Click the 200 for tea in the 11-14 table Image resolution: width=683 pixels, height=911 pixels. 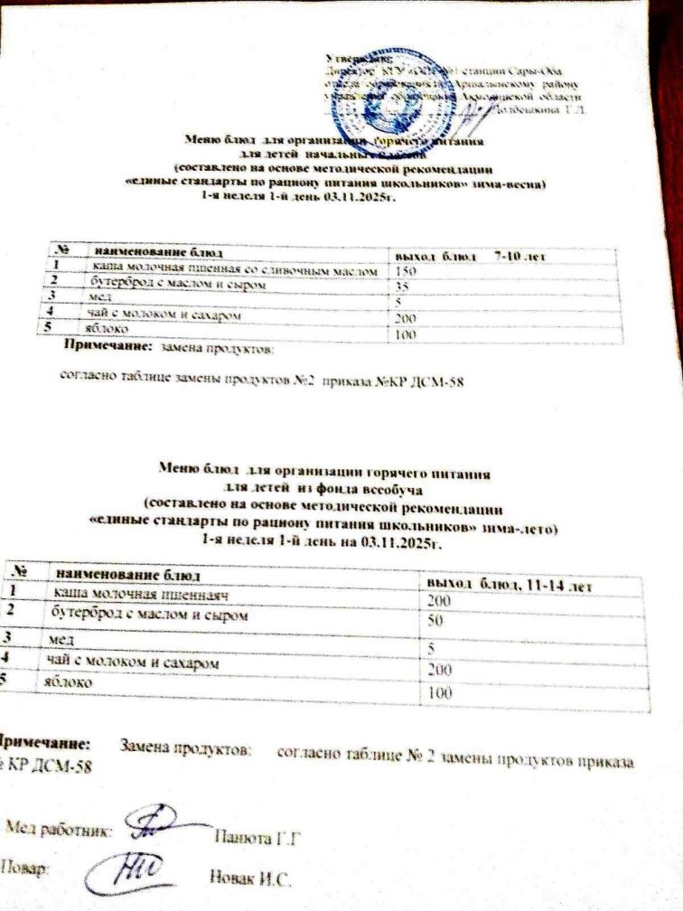[441, 671]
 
